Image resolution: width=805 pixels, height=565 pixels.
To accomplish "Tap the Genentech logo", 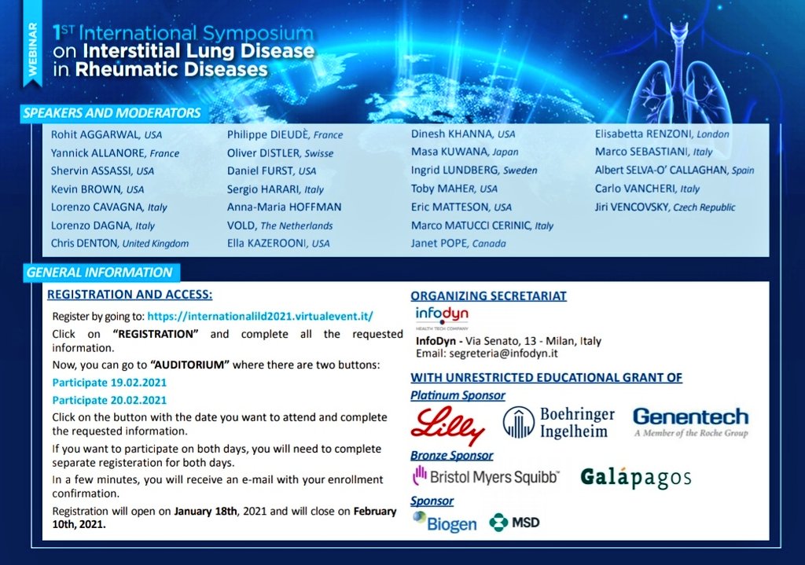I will pos(690,421).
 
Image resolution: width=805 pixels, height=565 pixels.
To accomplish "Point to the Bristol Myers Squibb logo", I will pos(485,476).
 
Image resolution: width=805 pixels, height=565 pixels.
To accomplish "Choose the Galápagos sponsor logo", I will pos(636,477).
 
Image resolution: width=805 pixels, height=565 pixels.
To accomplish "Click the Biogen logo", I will pos(444,522).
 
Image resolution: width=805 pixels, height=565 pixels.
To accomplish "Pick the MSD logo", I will pos(514,522).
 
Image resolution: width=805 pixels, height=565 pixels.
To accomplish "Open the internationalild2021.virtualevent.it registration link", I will pos(259,317).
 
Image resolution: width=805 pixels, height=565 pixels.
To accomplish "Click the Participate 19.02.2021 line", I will pos(109,383).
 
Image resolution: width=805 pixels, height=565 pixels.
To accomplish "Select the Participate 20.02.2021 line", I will pos(109,399).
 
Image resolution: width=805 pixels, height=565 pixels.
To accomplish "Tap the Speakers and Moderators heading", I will pos(112,113).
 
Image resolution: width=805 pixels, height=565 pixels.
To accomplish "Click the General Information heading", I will pos(99,273).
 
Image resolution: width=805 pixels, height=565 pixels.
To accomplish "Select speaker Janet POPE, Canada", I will pos(458,244).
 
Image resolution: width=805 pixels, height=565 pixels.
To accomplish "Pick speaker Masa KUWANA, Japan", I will pos(465,152).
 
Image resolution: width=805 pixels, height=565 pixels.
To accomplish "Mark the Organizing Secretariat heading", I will pos(488,296).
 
